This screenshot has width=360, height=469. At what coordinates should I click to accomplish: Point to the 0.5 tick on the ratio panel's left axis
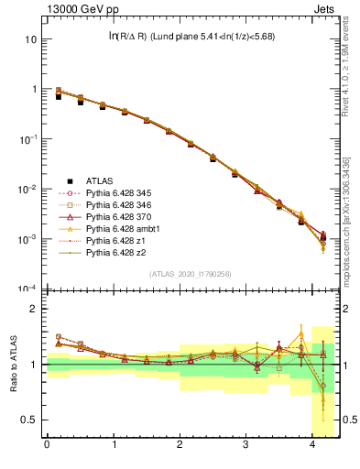tap(27, 420)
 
